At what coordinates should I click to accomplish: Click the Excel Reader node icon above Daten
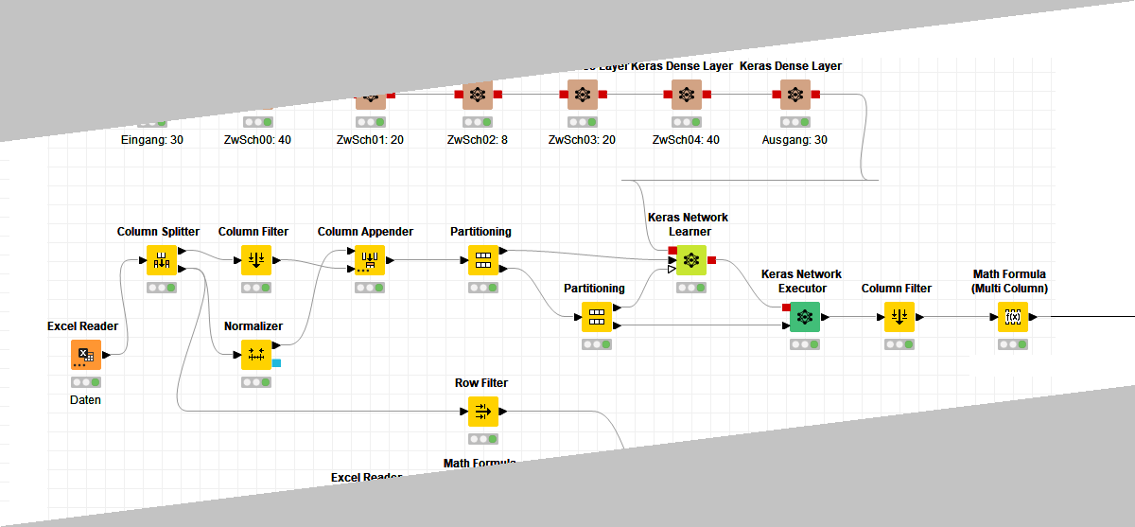point(85,355)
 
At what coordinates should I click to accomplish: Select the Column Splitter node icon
point(161,260)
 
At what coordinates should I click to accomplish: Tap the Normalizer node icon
point(255,355)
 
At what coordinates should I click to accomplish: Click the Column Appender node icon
point(369,260)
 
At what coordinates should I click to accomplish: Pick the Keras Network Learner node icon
point(691,260)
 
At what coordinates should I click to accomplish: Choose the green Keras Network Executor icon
point(804,317)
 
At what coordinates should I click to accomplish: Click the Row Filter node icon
point(482,412)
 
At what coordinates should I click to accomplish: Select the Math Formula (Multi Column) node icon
point(1012,317)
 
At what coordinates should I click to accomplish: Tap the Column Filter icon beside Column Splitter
point(255,260)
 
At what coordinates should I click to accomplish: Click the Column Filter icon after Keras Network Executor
point(899,317)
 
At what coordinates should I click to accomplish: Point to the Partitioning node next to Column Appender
point(482,260)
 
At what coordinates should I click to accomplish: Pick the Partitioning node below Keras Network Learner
point(596,317)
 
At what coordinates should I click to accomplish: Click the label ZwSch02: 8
point(477,140)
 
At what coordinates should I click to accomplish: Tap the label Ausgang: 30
point(794,140)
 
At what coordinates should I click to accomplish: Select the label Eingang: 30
point(152,140)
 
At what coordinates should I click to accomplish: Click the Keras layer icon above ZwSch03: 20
point(583,95)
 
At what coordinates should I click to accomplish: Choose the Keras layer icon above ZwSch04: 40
point(687,95)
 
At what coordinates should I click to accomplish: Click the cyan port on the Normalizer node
point(276,362)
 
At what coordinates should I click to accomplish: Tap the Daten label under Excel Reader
point(85,400)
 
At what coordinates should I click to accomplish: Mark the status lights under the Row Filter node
point(482,439)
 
